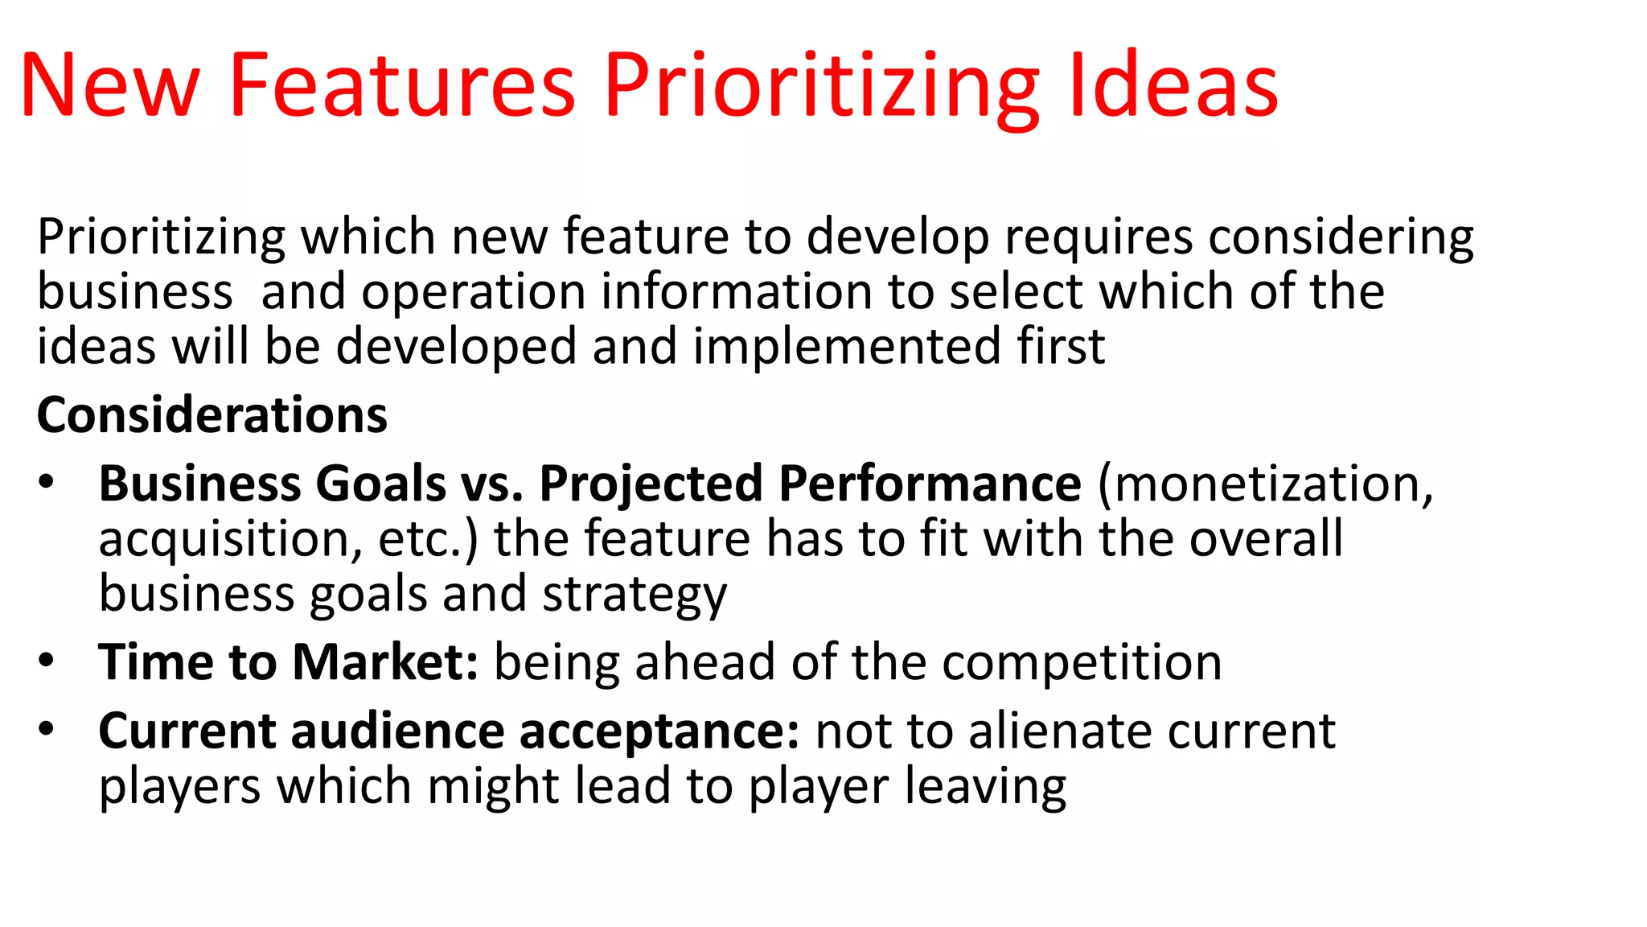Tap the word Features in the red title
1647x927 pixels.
pos(402,85)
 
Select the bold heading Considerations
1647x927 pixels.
pos(212,415)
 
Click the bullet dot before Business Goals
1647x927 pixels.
pos(47,483)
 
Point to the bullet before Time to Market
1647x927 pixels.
pos(47,661)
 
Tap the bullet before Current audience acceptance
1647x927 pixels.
pos(47,730)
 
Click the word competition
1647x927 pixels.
pos(1082,663)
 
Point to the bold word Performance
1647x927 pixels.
pos(930,484)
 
